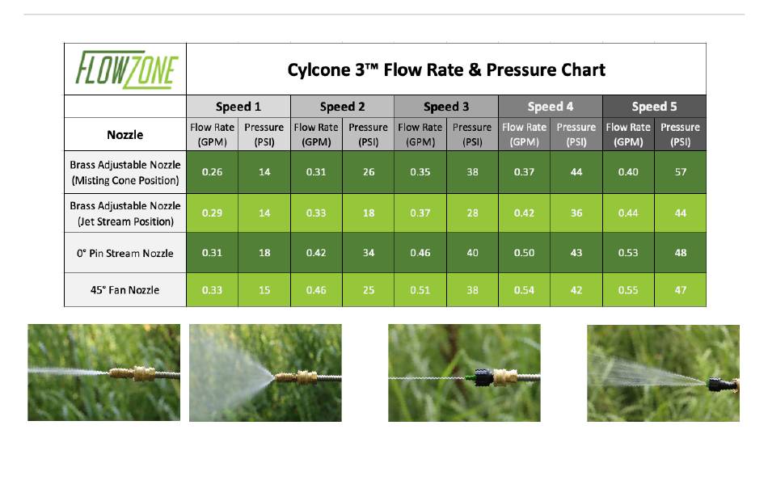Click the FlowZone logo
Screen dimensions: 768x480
point(126,69)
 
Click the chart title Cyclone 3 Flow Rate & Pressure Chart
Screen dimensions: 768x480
point(446,70)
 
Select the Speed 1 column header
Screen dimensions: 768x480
point(238,107)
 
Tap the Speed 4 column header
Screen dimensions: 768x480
point(550,107)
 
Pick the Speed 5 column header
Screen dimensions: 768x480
point(654,107)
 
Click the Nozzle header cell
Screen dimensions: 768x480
point(124,135)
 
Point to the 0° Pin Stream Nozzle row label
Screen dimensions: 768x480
point(124,253)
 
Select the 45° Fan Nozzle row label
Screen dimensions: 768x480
point(124,290)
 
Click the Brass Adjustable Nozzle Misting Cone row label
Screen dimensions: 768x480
point(124,172)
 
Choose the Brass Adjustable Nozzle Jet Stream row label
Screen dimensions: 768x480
point(124,213)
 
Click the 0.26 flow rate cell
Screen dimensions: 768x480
point(212,172)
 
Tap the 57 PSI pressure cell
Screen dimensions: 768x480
point(681,172)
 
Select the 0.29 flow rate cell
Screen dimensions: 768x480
point(212,213)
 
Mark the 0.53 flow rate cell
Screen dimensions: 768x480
point(628,253)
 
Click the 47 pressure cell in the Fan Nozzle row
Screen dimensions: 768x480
point(681,290)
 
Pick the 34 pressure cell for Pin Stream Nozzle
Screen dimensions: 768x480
point(369,253)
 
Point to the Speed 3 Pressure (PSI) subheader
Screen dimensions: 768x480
point(472,134)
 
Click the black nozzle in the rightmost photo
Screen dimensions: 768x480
point(720,385)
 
